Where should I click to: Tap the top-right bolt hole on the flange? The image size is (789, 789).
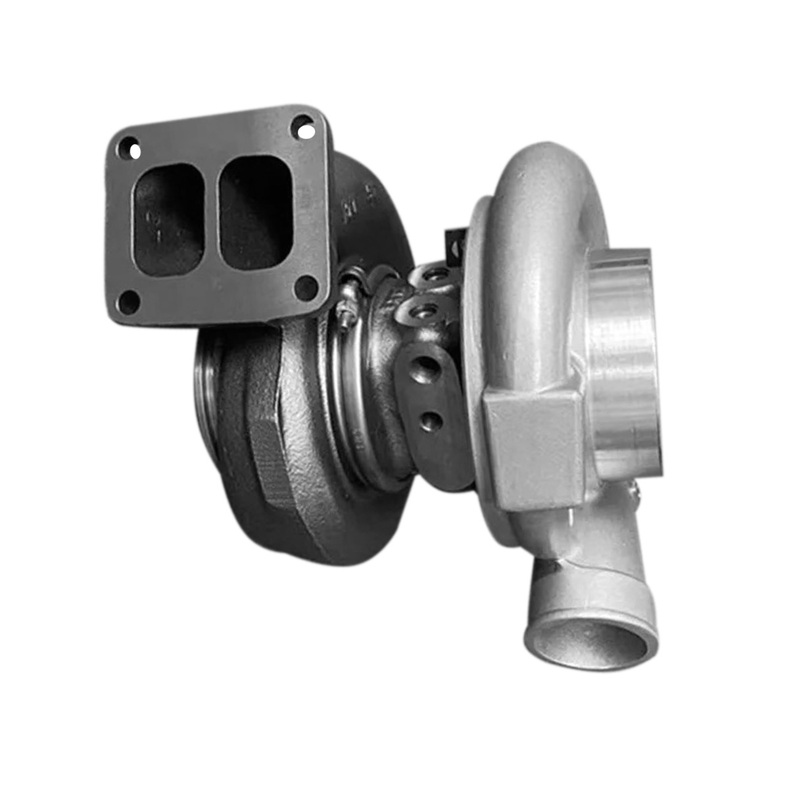coord(303,128)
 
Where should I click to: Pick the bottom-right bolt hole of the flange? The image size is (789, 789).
coord(306,287)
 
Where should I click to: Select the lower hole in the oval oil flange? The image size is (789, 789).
coord(430,421)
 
